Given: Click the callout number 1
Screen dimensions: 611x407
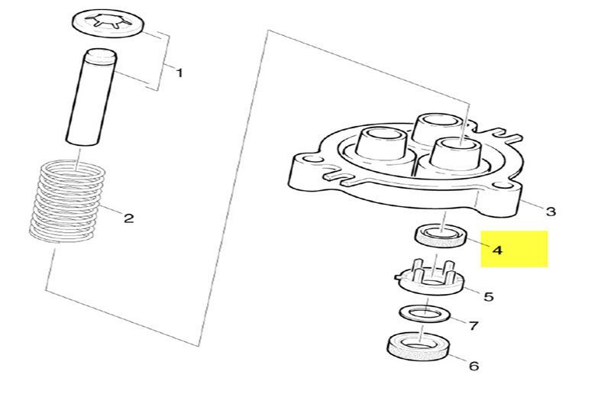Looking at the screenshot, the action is click(179, 73).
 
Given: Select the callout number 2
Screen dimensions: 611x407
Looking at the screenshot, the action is click(128, 218).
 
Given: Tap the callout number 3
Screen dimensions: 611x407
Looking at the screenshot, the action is click(550, 212).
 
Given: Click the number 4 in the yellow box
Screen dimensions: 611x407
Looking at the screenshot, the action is click(497, 250).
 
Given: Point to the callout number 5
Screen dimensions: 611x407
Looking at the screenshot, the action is click(488, 297).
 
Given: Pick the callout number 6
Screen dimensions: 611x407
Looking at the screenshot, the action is click(474, 366).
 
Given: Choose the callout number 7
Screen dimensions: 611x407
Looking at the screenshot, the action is click(473, 325).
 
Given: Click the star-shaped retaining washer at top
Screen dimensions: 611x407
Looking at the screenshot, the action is click(108, 24).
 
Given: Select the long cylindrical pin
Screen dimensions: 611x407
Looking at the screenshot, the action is click(91, 97).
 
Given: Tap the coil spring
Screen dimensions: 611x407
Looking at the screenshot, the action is click(67, 201).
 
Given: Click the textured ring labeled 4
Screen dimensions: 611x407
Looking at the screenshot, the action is click(440, 237).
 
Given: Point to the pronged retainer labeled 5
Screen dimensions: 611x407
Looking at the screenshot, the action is click(430, 279).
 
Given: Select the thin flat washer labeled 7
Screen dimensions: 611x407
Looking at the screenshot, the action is click(425, 314).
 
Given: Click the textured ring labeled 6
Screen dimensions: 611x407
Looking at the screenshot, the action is click(418, 347).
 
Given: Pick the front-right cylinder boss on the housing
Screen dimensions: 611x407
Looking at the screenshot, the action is click(456, 153).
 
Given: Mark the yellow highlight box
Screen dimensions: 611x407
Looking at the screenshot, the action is click(514, 249).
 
